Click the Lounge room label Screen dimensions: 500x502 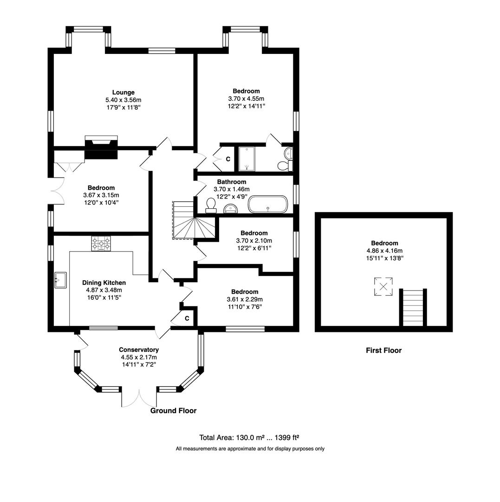click(x=123, y=92)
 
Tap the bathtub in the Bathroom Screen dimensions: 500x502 click(x=268, y=204)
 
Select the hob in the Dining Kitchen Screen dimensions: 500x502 click(x=101, y=243)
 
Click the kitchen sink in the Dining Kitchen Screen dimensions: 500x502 click(x=60, y=280)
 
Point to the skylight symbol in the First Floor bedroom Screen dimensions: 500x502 click(x=383, y=286)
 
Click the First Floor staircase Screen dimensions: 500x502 click(x=413, y=307)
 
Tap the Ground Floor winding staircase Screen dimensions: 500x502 click(x=184, y=220)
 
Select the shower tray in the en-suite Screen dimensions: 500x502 click(x=247, y=159)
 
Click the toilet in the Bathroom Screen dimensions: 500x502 click(x=211, y=205)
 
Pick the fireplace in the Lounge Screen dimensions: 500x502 click(x=101, y=147)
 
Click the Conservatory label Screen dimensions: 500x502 click(x=139, y=350)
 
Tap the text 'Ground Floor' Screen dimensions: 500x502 click(x=173, y=411)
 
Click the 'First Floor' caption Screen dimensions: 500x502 click(x=383, y=350)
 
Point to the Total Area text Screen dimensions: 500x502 click(x=249, y=437)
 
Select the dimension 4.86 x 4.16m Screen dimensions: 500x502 click(x=384, y=251)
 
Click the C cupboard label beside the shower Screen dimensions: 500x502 click(x=228, y=159)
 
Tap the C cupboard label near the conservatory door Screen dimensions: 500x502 click(x=187, y=318)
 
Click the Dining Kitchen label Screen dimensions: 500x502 click(x=104, y=283)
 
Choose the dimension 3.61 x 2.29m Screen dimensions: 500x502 click(x=245, y=299)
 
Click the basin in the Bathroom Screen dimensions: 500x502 click(x=230, y=209)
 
